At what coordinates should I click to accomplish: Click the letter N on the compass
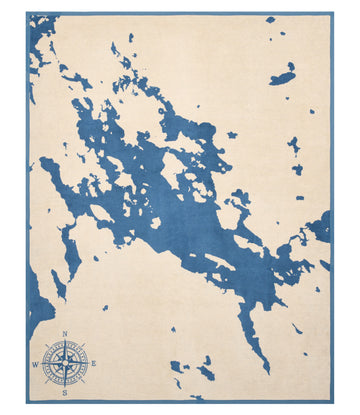point(65,335)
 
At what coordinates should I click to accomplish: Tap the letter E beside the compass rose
point(94,363)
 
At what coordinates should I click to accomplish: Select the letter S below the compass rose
point(65,393)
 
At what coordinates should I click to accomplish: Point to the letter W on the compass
point(35,364)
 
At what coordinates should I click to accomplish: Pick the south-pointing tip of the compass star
point(65,385)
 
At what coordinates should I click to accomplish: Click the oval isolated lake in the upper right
point(284,76)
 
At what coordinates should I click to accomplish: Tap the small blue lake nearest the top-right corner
point(270,20)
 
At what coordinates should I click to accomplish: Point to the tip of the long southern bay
point(267,369)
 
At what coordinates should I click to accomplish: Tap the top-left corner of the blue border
point(28,14)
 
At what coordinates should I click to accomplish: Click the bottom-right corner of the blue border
point(332,402)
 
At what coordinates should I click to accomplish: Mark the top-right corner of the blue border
point(332,14)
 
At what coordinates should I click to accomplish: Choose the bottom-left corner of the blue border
point(28,402)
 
